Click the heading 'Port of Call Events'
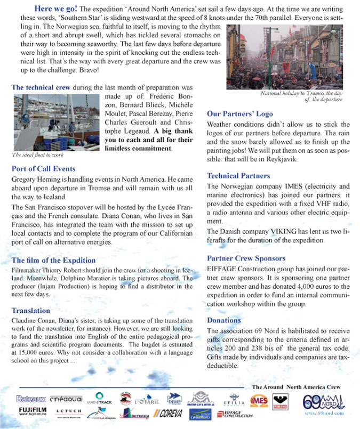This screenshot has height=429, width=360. tap(43, 169)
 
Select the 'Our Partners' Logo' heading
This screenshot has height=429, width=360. tap(239, 114)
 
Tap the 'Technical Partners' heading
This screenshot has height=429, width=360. tap(238, 176)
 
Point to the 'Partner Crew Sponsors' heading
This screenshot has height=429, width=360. tap(246, 258)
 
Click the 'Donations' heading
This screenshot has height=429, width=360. tap(224, 320)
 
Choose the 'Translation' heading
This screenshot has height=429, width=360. tap(30, 310)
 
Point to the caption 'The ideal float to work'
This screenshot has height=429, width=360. tap(38, 155)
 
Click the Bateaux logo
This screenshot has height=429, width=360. tap(31, 399)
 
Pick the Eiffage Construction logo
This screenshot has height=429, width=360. tap(238, 414)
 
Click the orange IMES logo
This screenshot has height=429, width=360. tap(259, 400)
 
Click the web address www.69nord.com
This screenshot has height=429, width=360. tap(324, 413)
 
